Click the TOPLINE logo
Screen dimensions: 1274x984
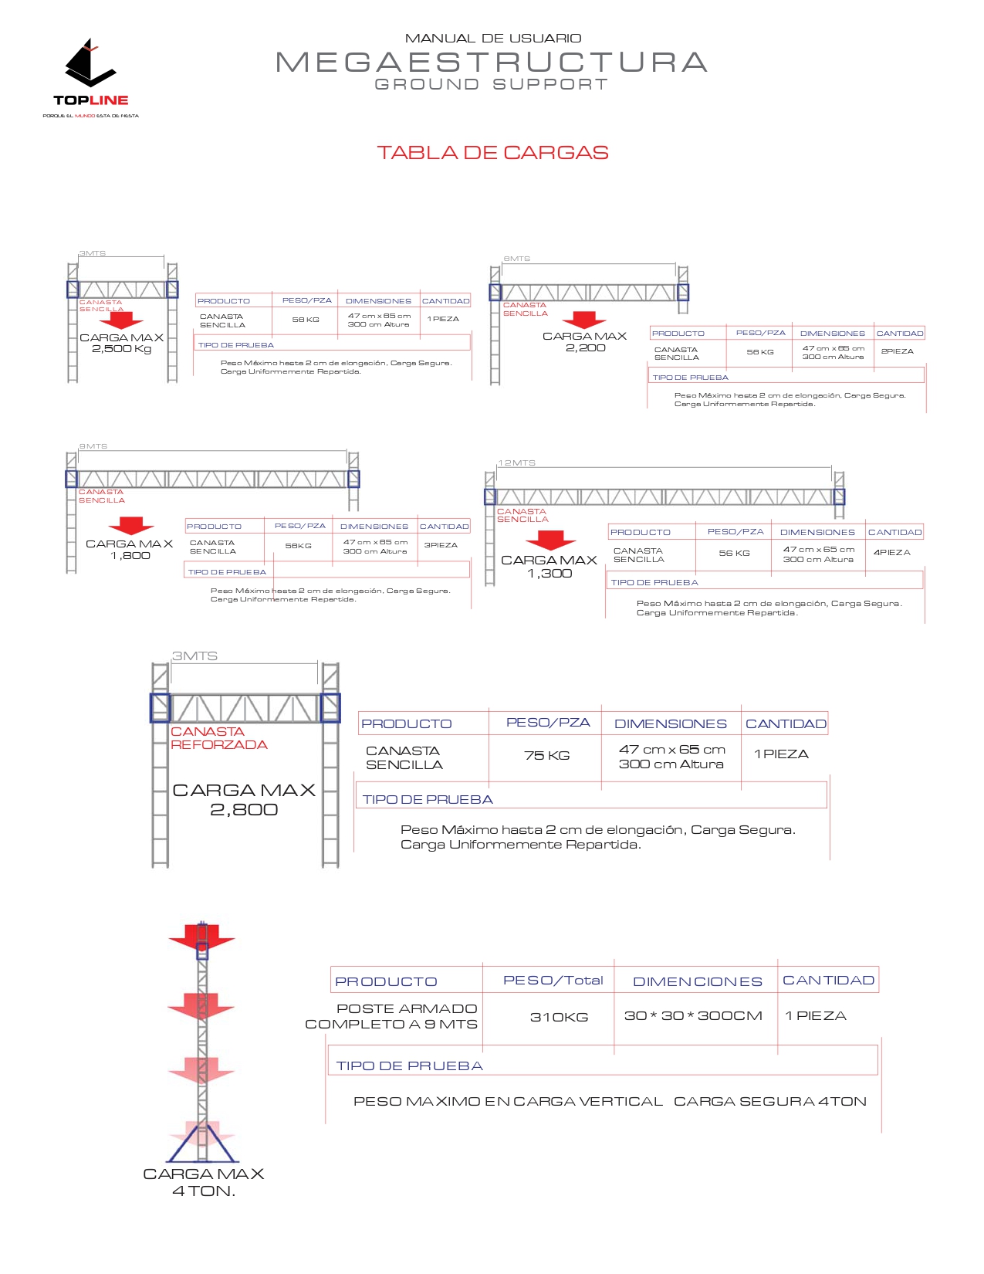90,77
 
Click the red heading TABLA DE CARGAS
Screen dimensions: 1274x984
492,153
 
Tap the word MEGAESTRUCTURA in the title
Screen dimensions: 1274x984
492,63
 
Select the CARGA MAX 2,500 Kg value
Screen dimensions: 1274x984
122,344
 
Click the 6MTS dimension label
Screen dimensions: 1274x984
516,259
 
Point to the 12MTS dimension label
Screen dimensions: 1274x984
516,463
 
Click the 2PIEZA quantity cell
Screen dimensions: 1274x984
897,351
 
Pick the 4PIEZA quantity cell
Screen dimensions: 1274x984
891,553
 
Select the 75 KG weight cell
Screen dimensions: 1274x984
546,756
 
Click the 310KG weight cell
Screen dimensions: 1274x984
559,1018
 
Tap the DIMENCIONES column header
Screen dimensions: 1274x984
697,982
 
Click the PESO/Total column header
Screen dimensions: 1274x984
553,981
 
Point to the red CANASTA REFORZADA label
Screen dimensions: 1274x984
218,738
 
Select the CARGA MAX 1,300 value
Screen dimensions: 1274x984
549,567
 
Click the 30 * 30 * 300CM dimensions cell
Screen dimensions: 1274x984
692,1016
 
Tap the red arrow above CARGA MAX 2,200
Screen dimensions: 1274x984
584,320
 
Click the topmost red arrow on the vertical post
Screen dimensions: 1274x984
201,937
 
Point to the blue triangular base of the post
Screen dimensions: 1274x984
201,1146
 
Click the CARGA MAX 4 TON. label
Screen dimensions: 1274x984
203,1182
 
